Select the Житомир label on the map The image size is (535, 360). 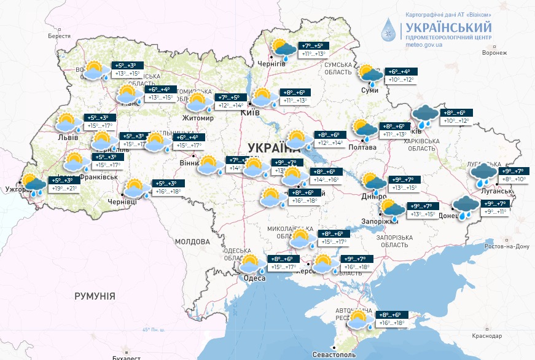(x=197, y=118)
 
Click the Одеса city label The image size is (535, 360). (x=255, y=278)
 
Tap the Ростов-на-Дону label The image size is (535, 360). (x=506, y=246)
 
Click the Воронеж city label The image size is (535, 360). (x=494, y=53)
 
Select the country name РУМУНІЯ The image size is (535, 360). (x=95, y=296)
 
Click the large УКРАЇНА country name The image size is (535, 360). (x=273, y=147)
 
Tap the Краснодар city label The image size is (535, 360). (x=488, y=336)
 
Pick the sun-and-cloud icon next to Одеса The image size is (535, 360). (x=251, y=264)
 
